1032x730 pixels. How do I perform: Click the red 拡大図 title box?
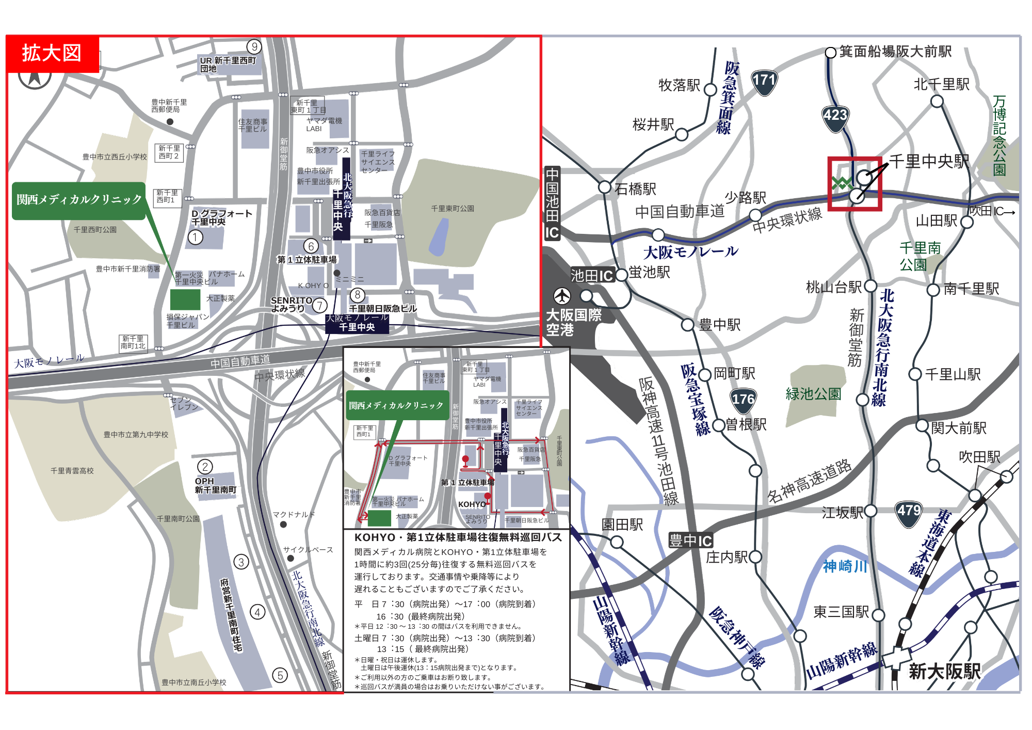tap(52, 53)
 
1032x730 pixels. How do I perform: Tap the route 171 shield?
tap(764, 82)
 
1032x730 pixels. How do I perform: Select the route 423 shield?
tap(835, 117)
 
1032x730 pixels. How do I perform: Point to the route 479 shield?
tap(909, 513)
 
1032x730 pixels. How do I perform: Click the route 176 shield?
tap(743, 401)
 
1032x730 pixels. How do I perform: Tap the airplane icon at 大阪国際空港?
tap(562, 296)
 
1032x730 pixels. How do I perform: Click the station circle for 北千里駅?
tap(937, 101)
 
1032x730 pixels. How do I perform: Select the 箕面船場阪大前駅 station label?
tap(895, 52)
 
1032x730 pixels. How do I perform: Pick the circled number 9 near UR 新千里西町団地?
tap(254, 46)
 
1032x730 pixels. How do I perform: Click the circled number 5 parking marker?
tap(280, 675)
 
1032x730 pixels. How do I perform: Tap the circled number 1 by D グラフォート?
tap(195, 237)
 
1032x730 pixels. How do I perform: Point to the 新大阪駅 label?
tap(944, 671)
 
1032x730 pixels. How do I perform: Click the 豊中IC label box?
tap(690, 541)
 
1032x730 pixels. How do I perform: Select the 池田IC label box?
tap(591, 276)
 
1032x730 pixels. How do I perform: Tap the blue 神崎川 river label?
tap(845, 566)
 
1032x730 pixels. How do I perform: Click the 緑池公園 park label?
tap(813, 394)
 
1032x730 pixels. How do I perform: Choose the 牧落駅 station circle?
tap(711, 90)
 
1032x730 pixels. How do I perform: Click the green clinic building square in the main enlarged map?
tap(185, 299)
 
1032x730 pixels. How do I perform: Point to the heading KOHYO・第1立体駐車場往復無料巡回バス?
tap(458, 537)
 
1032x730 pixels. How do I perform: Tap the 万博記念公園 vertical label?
tap(999, 135)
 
